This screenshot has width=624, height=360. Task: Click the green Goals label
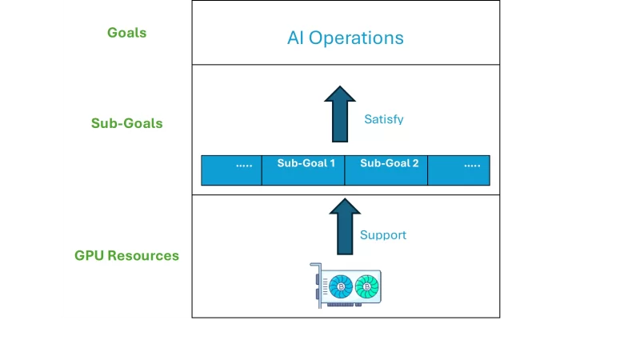(x=126, y=33)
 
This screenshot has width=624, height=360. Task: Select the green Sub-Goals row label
(x=126, y=123)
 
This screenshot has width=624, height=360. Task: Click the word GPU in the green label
(x=89, y=256)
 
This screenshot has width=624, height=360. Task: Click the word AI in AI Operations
(x=296, y=38)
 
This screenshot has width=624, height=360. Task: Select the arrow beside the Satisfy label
(x=340, y=115)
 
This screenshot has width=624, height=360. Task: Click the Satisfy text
(x=384, y=119)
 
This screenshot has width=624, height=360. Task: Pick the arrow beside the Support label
(x=345, y=226)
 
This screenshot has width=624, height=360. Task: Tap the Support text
(x=383, y=235)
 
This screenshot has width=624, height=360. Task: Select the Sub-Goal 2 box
(x=386, y=170)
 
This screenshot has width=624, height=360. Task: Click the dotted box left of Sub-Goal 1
(x=231, y=170)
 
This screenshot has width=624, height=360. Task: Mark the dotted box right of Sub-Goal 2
(x=458, y=170)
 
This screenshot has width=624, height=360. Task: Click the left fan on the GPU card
(x=342, y=286)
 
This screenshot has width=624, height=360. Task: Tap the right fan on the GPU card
(x=366, y=286)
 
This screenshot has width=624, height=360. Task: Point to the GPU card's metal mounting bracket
(x=316, y=285)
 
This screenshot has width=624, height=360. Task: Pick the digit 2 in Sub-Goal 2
(x=415, y=163)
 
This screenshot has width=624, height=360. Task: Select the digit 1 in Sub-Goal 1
(x=332, y=163)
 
